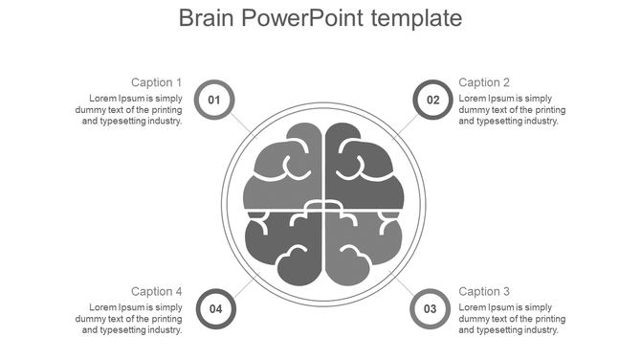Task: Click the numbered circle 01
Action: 214,100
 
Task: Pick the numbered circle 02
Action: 432,100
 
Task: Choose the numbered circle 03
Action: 431,308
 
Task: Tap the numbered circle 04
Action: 216,308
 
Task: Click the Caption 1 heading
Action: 157,82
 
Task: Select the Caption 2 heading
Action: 484,82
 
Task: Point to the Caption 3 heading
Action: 484,291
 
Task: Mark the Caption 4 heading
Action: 157,291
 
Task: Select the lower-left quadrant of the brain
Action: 285,247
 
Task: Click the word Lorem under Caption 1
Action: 104,98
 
